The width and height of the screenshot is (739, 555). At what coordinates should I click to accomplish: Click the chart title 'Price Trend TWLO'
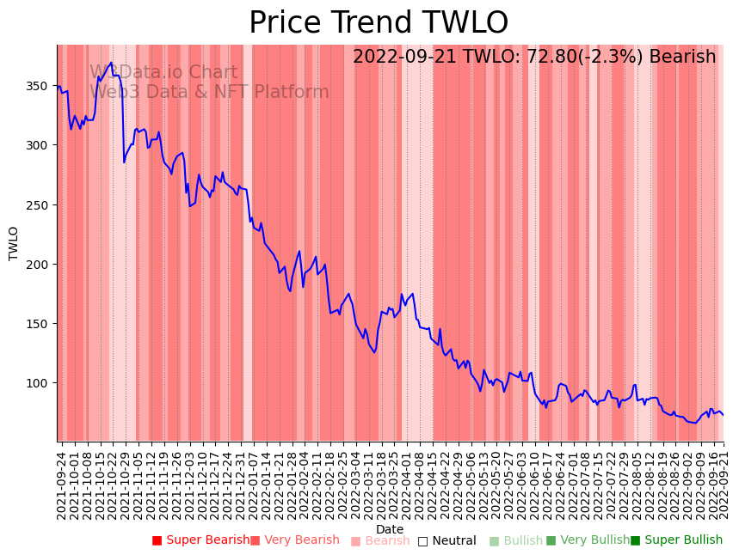tap(379, 23)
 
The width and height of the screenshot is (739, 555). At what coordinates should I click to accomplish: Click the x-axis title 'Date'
tap(390, 529)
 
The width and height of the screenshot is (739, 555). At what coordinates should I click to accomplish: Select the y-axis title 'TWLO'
tap(14, 243)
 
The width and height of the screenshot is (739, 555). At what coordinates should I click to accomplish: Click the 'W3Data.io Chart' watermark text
tap(163, 72)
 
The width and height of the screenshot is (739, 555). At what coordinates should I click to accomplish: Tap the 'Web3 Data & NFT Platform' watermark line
tap(209, 92)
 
